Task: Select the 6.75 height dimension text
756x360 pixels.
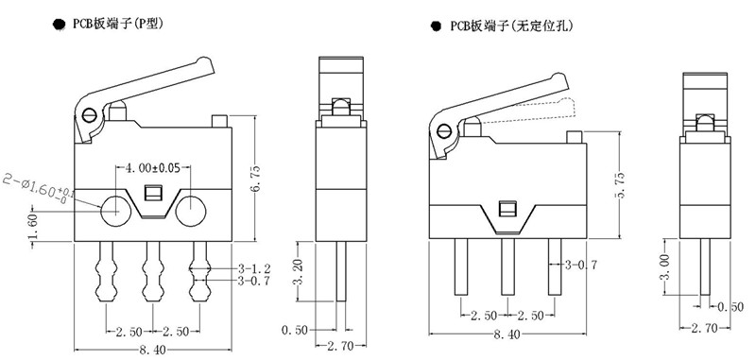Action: (x=256, y=179)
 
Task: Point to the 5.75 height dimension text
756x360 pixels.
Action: (x=621, y=184)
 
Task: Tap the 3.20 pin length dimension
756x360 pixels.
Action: (x=299, y=272)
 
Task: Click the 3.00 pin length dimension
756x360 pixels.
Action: (x=665, y=268)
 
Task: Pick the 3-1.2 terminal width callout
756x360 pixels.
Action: (x=254, y=269)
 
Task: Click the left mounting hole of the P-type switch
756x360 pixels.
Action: (x=115, y=212)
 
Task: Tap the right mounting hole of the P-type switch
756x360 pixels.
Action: (x=191, y=212)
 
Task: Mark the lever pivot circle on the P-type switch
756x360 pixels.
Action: (x=89, y=115)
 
